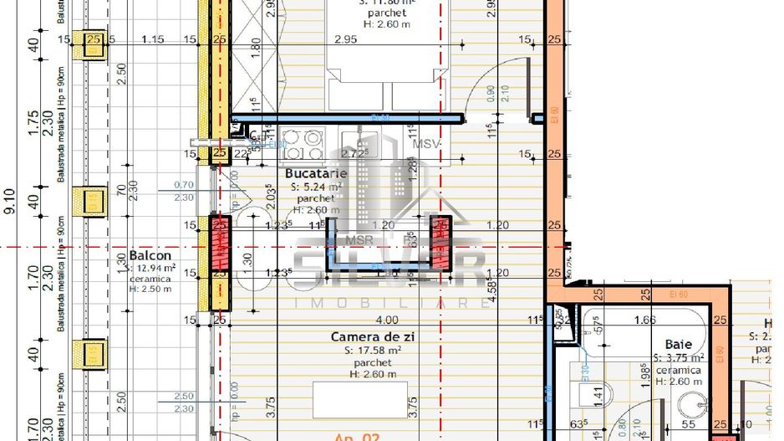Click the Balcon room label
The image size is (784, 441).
pos(150,255)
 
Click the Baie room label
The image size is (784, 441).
pos(678,344)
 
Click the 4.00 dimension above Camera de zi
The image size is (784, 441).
pos(387,320)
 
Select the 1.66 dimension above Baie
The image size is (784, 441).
pos(645,320)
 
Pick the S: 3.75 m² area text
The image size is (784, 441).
pos(678,357)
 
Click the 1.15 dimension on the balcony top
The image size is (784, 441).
pos(152,39)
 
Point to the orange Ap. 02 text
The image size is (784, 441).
pos(358,436)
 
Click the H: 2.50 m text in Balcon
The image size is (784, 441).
pos(150,290)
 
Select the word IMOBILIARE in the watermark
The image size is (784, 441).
pos(390,303)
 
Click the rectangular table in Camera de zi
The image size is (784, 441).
pos(360,400)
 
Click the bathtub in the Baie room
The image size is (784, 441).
pos(645,331)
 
